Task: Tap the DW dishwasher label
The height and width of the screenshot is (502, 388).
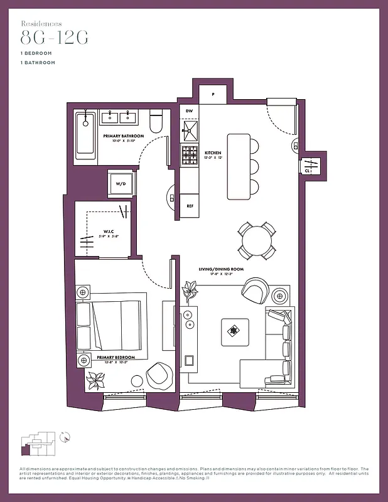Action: coord(189,111)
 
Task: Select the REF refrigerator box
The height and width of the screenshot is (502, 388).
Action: coord(190,205)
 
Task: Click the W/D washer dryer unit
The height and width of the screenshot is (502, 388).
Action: coord(120,183)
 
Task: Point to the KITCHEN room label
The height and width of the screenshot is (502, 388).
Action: coord(213,152)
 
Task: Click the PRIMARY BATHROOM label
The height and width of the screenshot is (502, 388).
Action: coord(124,136)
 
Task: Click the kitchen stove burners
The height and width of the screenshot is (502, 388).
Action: coord(190,157)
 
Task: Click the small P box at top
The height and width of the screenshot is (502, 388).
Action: coord(213,95)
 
